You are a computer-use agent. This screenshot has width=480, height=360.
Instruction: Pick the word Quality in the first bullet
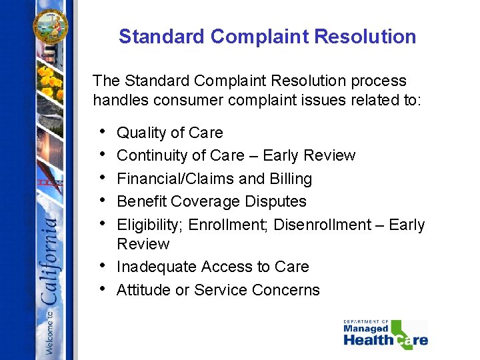pos(139,133)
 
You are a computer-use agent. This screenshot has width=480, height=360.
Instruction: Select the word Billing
pos(291,179)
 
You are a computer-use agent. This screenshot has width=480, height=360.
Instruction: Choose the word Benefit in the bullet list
pos(141,201)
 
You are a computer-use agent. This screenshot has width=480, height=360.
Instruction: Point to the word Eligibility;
pos(150,225)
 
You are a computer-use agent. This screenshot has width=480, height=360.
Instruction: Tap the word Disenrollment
pos(323,225)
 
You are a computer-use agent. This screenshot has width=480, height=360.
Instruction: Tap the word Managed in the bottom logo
pos(366,329)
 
